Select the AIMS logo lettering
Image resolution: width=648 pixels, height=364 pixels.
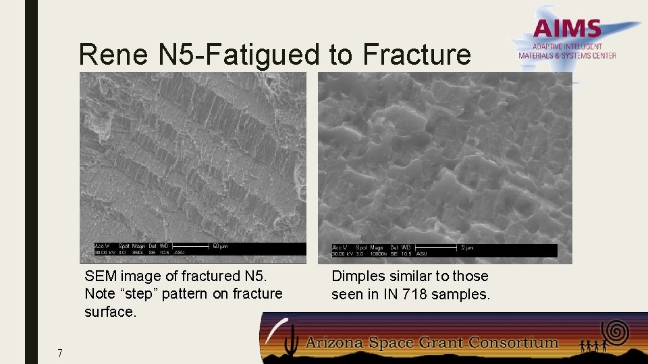point(567,29)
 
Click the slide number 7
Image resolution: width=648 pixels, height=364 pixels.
point(60,353)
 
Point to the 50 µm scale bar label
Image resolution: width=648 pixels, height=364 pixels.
point(220,247)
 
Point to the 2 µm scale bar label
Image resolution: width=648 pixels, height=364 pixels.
point(467,247)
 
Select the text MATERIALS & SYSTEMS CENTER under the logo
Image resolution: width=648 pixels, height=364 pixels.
point(567,56)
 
